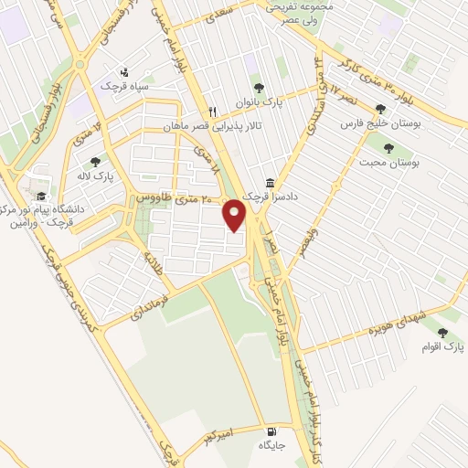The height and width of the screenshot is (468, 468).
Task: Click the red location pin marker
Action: click(x=236, y=215)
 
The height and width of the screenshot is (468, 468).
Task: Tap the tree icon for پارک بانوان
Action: click(x=260, y=88)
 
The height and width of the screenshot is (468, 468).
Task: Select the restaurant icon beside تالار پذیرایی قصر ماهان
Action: click(x=212, y=106)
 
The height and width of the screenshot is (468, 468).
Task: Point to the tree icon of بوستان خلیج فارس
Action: click(x=381, y=110)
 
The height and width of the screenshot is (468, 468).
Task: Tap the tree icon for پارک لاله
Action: click(x=95, y=162)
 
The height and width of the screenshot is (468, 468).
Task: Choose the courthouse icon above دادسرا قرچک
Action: click(x=269, y=183)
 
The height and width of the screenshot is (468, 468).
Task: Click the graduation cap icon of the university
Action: click(x=40, y=196)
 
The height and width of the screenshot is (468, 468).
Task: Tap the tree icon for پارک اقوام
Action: click(x=443, y=334)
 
